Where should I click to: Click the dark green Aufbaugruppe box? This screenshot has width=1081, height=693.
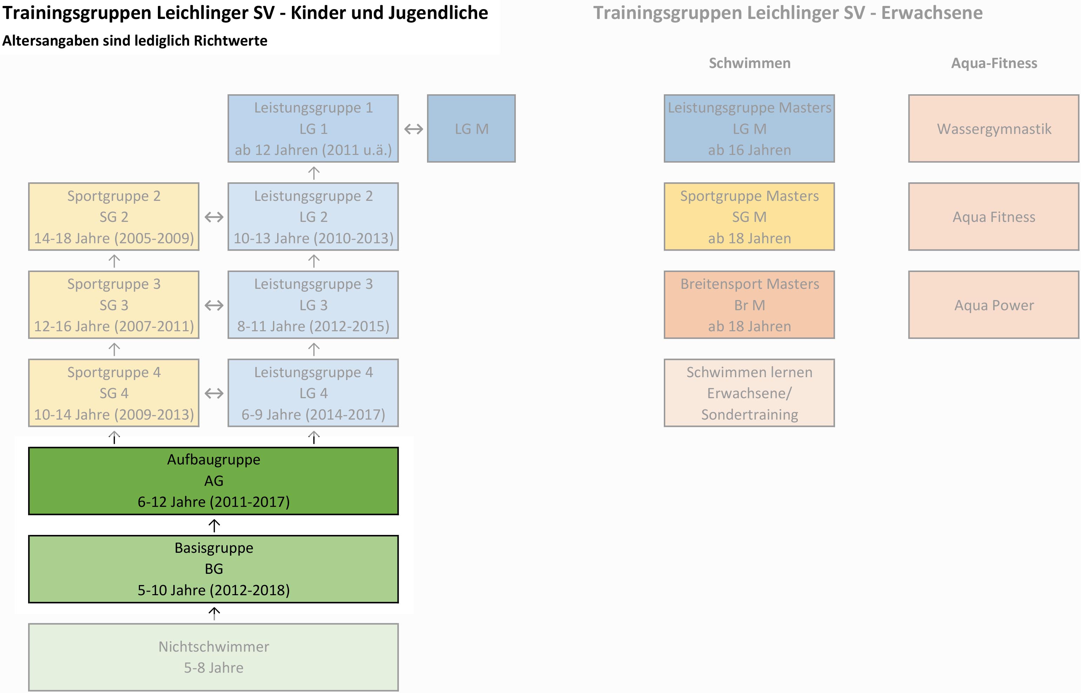click(213, 481)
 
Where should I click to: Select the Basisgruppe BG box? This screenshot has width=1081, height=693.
click(213, 569)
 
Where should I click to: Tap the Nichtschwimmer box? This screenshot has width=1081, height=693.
click(213, 657)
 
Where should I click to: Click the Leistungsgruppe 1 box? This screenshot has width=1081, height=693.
click(313, 128)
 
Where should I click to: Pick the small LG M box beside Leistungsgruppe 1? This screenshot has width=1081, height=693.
click(471, 128)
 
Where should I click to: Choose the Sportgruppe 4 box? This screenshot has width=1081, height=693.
click(114, 393)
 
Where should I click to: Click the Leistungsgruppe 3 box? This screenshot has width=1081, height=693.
click(313, 305)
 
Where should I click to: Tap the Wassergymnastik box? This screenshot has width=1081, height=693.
click(994, 128)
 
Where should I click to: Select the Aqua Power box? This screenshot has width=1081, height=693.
click(994, 305)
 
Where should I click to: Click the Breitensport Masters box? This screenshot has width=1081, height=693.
click(749, 305)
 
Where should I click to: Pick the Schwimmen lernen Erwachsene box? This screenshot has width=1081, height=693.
click(749, 393)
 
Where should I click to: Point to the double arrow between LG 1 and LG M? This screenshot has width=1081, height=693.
click(413, 129)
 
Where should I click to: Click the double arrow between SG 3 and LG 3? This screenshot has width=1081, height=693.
click(214, 306)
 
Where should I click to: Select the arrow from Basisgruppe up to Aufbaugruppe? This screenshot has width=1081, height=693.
click(214, 525)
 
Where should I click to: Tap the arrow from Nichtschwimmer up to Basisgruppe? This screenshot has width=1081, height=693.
click(214, 613)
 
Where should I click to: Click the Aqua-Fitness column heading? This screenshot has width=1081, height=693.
click(994, 63)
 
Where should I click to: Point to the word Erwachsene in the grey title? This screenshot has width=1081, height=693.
click(932, 13)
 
